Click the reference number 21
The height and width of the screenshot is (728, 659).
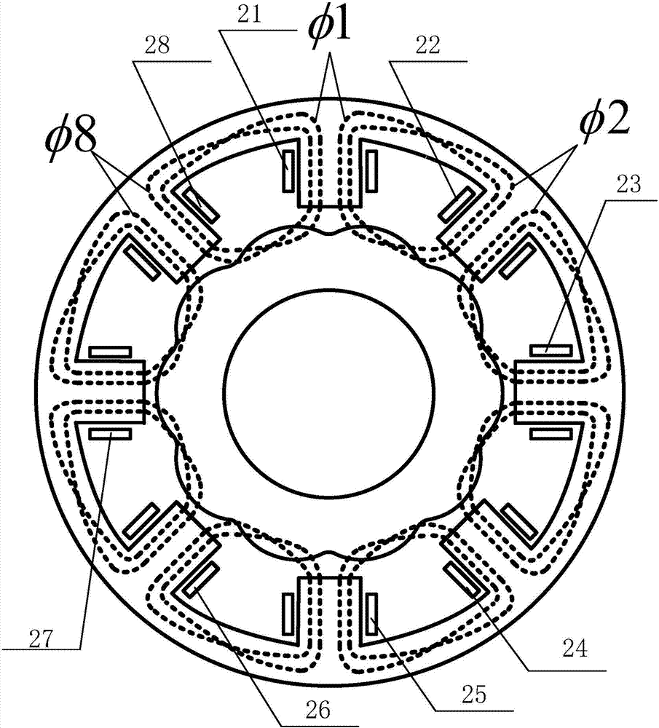250,15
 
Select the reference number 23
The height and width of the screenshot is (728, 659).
628,184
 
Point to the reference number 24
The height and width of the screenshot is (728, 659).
575,648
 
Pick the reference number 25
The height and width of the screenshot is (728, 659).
474,694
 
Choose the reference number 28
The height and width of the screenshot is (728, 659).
157,46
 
